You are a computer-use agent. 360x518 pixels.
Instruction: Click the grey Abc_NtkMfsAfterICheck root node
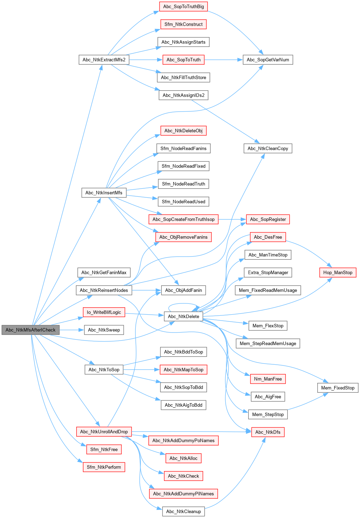[x=30, y=330]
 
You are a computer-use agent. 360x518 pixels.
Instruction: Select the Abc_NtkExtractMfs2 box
[x=104, y=60]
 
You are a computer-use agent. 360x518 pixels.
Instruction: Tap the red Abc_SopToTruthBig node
[x=183, y=7]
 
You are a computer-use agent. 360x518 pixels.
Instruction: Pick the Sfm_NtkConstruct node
[x=183, y=24]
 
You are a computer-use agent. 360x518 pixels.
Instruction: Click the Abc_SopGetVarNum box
[x=268, y=60]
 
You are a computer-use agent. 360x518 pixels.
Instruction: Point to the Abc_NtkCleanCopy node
[x=268, y=148]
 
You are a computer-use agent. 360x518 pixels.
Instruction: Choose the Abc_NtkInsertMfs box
[x=104, y=192]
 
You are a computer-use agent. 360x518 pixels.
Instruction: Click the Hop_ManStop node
[x=338, y=273]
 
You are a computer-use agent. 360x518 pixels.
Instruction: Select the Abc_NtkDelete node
[x=183, y=316]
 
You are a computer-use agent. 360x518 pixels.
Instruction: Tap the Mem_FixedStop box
[x=338, y=388]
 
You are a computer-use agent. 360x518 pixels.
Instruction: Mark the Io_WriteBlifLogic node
[x=104, y=312]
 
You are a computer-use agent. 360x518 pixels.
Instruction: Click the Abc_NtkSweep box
[x=104, y=330]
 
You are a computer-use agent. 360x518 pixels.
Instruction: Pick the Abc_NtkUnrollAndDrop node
[x=104, y=432]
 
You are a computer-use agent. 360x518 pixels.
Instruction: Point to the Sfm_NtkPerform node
[x=104, y=467]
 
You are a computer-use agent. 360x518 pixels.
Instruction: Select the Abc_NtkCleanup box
[x=183, y=511]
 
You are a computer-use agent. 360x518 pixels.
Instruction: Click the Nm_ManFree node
[x=268, y=379]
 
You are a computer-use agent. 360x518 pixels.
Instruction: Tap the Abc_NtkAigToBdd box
[x=183, y=405]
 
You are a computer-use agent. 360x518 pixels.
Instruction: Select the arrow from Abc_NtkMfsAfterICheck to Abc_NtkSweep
[x=72, y=330]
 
